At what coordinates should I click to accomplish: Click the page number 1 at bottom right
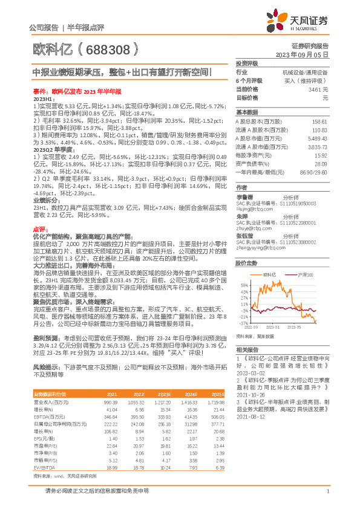coord(327,491)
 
